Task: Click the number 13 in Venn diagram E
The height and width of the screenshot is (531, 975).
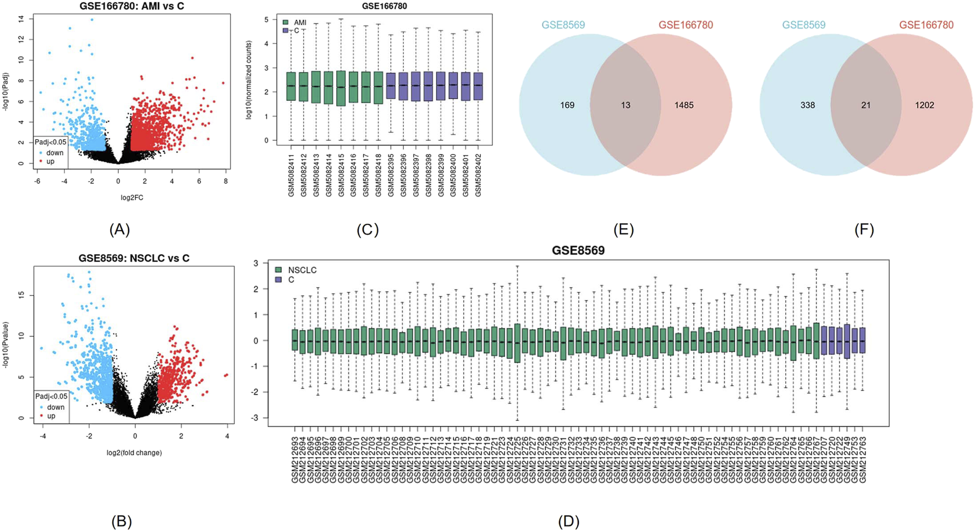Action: click(626, 105)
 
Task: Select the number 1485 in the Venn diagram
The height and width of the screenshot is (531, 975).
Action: click(684, 105)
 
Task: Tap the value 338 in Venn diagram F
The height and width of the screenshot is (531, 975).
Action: click(808, 105)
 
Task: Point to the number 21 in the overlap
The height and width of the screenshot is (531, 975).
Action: click(866, 105)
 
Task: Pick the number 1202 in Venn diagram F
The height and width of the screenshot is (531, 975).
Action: click(924, 105)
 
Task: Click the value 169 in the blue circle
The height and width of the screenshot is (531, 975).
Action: click(567, 105)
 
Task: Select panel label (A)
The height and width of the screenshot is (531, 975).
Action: click(120, 229)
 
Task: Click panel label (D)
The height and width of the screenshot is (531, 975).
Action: click(568, 521)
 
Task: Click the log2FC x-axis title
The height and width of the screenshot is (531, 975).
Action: click(132, 198)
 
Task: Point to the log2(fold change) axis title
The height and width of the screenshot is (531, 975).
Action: click(134, 453)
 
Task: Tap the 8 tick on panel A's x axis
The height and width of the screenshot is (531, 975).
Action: click(226, 180)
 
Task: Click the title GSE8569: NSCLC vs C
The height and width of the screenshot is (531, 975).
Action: click(134, 258)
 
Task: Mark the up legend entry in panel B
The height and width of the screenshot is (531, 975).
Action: click(51, 416)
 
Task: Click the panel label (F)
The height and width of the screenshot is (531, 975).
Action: click(864, 229)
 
